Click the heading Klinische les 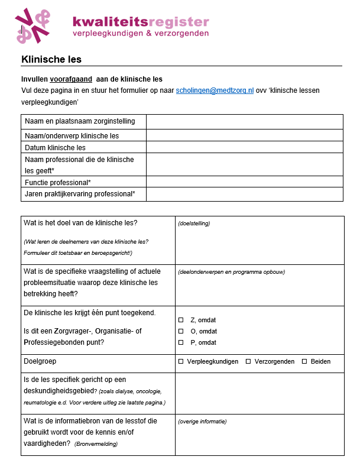click(x=51, y=59)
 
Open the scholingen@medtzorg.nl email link click(x=215, y=90)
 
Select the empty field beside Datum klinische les click(x=244, y=147)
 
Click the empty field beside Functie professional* click(x=244, y=182)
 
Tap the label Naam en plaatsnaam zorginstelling click(x=80, y=121)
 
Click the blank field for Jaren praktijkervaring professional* click(x=244, y=194)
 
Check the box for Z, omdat click(x=181, y=320)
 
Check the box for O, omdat click(x=181, y=331)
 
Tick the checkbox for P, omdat click(x=181, y=342)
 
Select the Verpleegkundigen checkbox click(x=181, y=361)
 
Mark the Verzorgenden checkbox click(x=248, y=361)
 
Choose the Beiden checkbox click(x=304, y=361)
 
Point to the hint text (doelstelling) click(x=194, y=224)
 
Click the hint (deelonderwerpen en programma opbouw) click(x=231, y=272)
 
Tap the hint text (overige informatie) click(x=202, y=422)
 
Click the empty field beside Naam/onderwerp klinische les click(x=244, y=135)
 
